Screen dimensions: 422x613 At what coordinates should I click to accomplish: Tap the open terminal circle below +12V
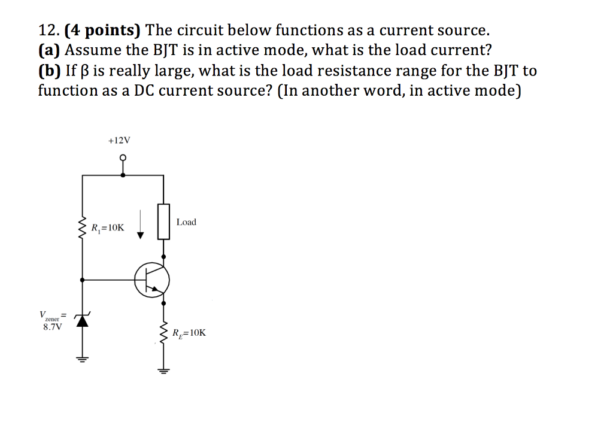tap(123, 159)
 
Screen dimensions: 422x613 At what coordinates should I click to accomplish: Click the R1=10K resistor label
tap(108, 227)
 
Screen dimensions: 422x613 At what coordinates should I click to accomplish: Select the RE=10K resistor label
tap(189, 333)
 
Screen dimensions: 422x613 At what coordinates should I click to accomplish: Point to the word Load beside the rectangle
tap(186, 222)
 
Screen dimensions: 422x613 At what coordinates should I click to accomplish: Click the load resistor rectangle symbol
tap(163, 221)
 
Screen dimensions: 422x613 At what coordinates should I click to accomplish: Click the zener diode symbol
tap(82, 321)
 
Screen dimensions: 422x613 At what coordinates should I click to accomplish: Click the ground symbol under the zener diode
tap(82, 360)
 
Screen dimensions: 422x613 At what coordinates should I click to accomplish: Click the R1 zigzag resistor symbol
tap(82, 228)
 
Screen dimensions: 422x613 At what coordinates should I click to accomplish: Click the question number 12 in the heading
tap(47, 30)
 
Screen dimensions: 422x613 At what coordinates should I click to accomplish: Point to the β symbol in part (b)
tap(83, 71)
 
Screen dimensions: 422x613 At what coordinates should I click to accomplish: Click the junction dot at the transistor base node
tap(82, 279)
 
